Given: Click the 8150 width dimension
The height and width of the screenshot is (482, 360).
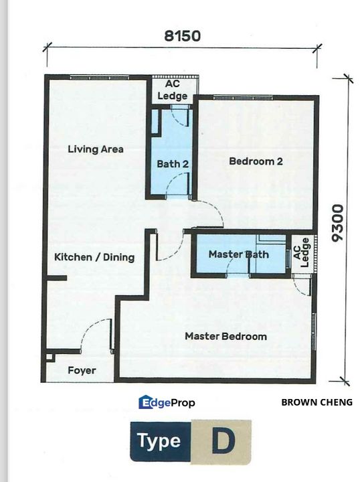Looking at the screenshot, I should click(181, 35).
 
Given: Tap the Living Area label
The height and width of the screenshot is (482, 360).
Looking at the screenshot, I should click(96, 149).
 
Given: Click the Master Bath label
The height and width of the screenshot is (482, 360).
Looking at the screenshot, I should click(238, 254).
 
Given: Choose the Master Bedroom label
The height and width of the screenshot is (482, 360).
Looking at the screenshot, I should click(226, 336).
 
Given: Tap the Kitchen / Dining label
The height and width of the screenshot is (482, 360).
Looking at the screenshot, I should click(94, 257).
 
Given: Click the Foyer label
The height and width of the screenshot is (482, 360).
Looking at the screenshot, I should click(82, 370).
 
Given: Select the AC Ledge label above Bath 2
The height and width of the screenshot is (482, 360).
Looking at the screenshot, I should click(173, 91).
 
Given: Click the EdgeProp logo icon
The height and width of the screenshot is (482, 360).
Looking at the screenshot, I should click(145, 402).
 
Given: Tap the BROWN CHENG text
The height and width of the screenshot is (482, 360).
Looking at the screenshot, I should click(317, 402).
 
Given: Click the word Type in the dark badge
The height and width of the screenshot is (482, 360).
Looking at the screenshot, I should click(159, 441).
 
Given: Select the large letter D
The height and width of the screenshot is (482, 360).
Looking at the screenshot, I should click(220, 442).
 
